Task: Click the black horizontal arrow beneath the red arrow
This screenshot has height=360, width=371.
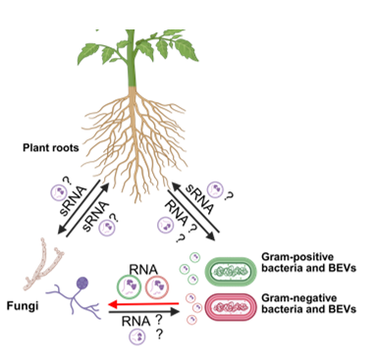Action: [x=142, y=315]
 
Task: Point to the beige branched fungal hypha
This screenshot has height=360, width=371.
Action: [x=45, y=255]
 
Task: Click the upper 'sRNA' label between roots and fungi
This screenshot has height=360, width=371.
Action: [x=80, y=192]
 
